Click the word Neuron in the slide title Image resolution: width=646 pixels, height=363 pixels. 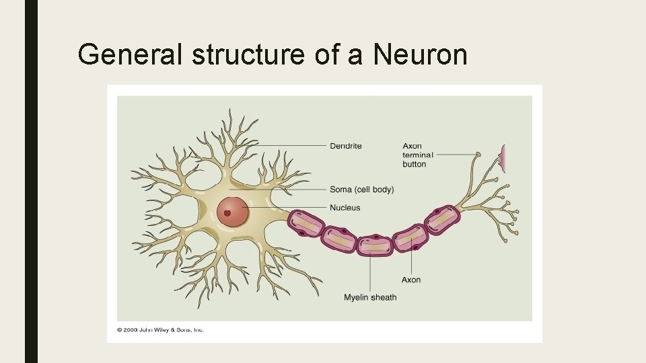point(420,54)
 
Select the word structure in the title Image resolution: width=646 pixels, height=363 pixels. point(248,54)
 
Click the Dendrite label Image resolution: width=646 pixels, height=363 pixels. point(346,146)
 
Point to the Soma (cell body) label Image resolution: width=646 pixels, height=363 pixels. point(361,190)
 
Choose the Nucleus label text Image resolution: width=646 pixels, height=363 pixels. point(345,208)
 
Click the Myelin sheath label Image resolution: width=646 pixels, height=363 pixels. point(370,297)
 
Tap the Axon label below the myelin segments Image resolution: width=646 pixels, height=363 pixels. point(410,280)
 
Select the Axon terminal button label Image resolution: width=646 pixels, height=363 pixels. point(418,155)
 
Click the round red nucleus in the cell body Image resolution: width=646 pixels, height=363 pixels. point(233,212)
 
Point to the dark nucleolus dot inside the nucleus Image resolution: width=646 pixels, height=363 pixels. point(227,214)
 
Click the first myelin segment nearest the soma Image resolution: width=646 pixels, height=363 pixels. point(307,223)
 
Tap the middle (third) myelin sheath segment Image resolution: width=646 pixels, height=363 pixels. point(374,245)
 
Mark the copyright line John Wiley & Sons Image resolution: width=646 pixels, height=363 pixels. point(160,329)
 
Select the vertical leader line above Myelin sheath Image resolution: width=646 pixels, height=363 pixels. point(370,272)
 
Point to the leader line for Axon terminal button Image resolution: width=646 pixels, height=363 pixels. point(454,155)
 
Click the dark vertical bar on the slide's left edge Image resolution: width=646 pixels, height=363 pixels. point(31,182)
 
